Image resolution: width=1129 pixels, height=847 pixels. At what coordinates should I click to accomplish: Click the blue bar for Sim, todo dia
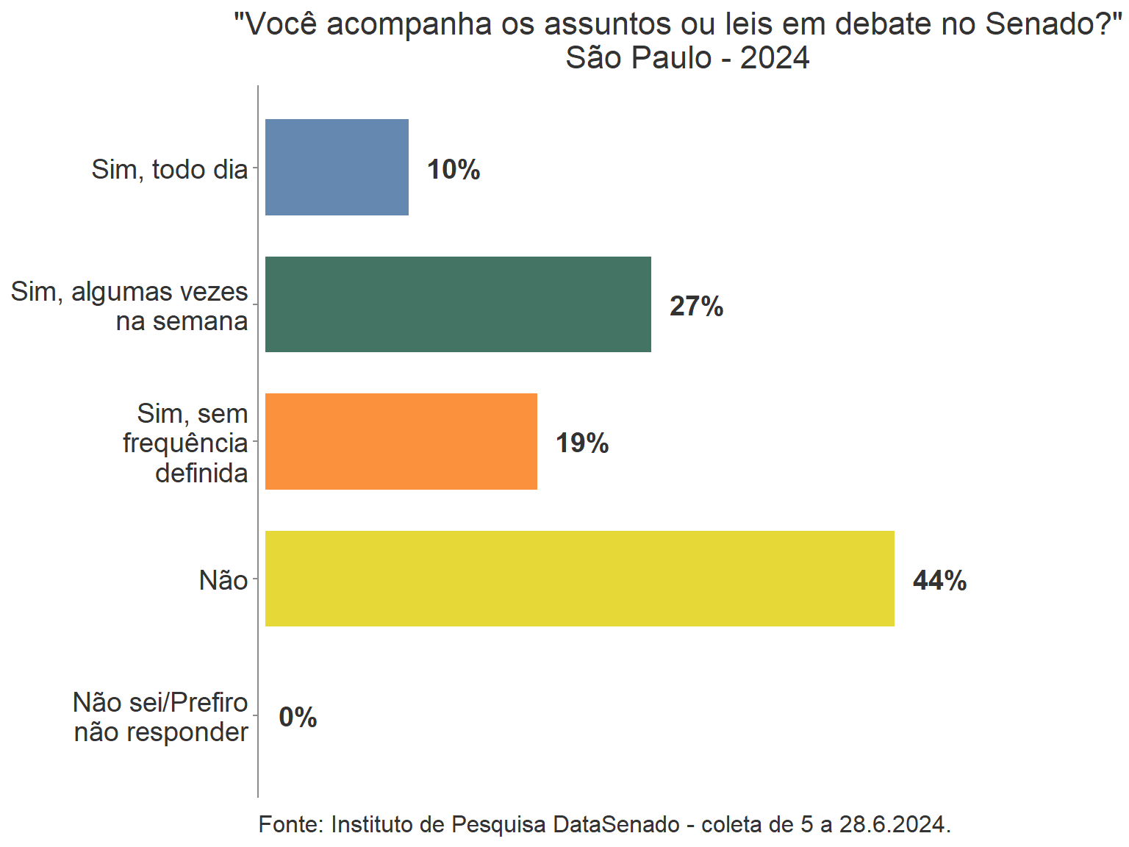337,168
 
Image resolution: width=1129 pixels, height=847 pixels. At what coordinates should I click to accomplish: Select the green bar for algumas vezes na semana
458,304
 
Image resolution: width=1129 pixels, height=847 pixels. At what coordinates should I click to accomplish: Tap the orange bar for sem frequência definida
401,442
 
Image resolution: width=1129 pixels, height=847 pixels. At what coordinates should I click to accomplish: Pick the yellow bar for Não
579,579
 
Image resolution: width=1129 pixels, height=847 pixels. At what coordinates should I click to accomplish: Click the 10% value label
454,170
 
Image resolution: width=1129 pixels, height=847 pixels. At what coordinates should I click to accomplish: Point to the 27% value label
696,307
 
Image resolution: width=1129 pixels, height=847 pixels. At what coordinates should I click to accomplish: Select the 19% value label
582,443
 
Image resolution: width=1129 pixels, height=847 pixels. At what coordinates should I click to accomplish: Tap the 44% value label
939,581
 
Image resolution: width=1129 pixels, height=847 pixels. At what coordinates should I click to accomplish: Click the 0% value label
298,717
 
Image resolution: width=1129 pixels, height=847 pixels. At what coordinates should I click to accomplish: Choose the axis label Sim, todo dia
170,170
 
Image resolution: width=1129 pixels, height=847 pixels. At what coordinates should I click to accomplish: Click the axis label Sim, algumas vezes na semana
129,307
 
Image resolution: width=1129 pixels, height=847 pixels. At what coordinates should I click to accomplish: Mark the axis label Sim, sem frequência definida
185,443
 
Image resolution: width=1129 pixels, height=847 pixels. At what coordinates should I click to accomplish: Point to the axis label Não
223,581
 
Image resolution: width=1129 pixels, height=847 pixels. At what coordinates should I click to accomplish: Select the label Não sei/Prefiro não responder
161,717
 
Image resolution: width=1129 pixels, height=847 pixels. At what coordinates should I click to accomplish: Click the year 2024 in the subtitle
775,58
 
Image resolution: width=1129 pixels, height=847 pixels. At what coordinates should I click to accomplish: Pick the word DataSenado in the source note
616,824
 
